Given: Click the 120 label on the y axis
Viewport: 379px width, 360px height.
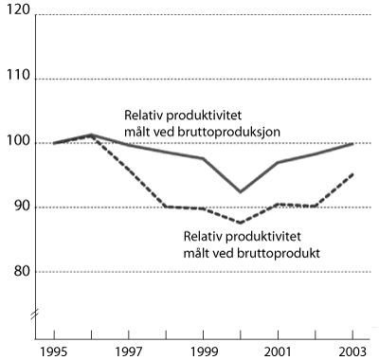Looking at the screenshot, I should tap(17, 14).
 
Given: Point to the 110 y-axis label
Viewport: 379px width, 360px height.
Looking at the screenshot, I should tap(17, 79).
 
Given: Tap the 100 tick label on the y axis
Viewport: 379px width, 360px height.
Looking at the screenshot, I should tap(17, 143).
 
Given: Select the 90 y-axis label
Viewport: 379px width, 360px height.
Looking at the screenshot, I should tap(19, 207).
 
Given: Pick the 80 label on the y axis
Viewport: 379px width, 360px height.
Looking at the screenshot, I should tap(19, 272).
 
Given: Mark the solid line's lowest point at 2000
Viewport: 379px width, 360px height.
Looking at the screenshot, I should tap(241, 192).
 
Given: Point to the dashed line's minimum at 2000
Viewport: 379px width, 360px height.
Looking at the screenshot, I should tap(241, 223).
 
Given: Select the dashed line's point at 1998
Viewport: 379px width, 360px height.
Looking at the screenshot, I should tap(166, 206).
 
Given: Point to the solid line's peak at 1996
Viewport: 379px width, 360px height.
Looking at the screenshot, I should tap(91, 135).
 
